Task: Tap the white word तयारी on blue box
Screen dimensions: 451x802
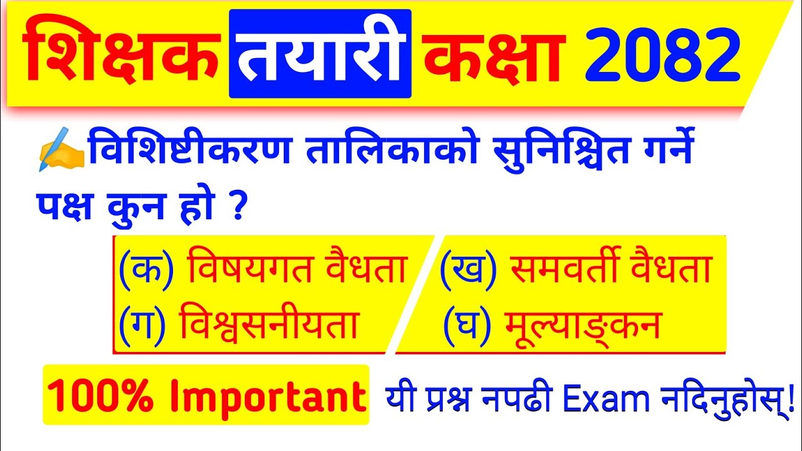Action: pos(320,55)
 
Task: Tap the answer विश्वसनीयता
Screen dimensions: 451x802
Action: pos(268,325)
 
